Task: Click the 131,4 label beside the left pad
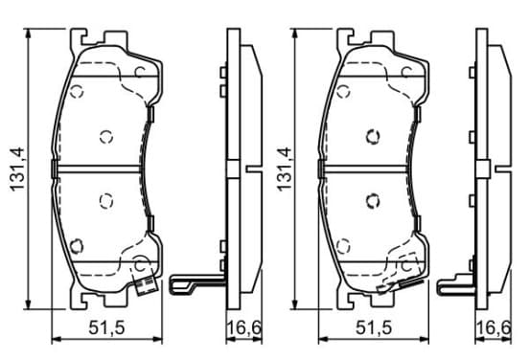coord(17,169)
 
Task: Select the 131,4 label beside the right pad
coord(284,169)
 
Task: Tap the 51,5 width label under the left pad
coord(106,328)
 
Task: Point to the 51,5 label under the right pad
coord(374,328)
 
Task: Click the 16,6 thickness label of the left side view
coord(244,328)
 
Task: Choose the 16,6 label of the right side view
coord(494,328)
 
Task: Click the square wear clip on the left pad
coord(146,285)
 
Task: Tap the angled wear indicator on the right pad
coord(399,286)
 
